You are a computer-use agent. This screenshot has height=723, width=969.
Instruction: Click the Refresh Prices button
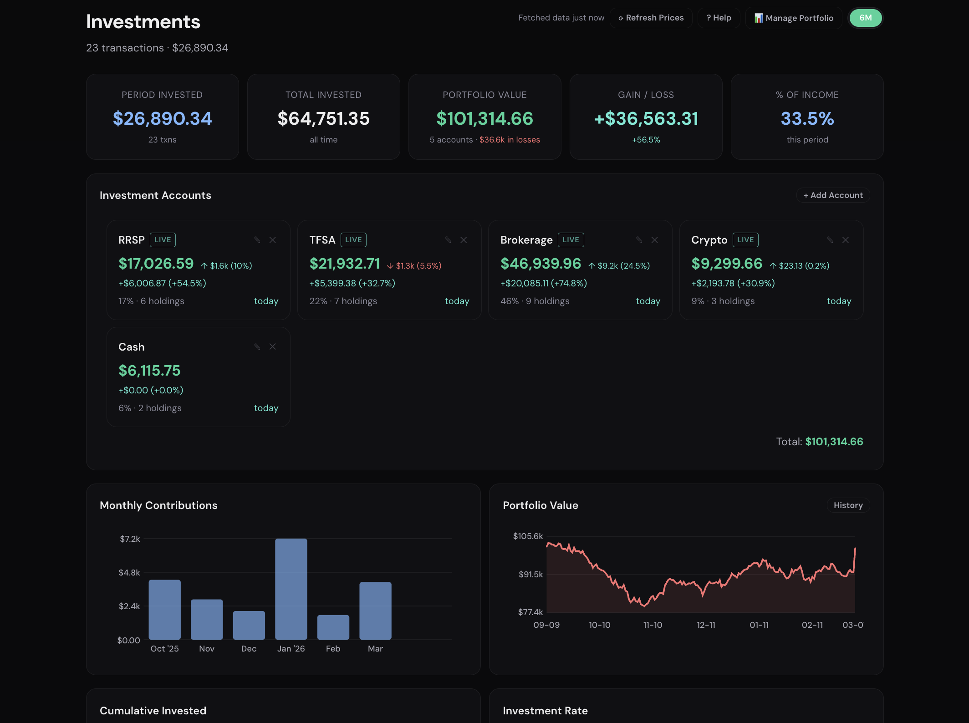[651, 18]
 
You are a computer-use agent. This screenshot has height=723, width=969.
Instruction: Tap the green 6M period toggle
[865, 18]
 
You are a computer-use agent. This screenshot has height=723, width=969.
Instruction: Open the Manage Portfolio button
[794, 18]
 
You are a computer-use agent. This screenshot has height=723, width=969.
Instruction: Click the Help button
[719, 18]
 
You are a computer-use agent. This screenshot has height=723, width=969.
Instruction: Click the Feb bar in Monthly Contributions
[333, 627]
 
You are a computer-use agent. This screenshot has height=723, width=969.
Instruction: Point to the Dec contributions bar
[249, 625]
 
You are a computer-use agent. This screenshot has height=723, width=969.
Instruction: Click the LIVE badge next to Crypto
[745, 240]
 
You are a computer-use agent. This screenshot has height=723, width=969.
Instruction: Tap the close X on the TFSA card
[464, 240]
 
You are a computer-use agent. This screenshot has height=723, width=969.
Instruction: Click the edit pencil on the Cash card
[257, 347]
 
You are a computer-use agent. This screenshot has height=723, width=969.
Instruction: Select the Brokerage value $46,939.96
[541, 264]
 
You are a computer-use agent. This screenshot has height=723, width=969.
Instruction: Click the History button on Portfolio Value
[848, 505]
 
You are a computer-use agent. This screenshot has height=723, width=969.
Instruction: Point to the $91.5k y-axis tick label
[530, 575]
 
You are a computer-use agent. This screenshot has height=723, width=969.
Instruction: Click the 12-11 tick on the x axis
[706, 625]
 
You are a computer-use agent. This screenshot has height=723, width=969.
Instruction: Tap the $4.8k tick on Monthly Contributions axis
[129, 573]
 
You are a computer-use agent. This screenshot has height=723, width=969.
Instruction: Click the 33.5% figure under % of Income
[807, 119]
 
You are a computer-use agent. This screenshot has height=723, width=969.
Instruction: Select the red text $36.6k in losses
[509, 140]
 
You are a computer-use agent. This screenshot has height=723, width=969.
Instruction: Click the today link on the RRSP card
[266, 301]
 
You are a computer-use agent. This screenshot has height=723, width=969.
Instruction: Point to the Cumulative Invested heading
[153, 711]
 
